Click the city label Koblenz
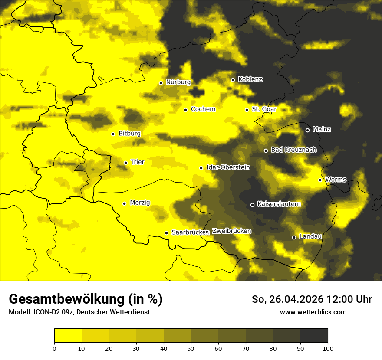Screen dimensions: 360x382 250,79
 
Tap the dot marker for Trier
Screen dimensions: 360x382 125,163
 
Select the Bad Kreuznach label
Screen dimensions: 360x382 293,150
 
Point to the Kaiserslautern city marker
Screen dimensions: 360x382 252,205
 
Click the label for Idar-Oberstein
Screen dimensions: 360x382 228,167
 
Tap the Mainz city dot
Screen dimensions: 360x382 307,130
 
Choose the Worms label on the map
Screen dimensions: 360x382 336,179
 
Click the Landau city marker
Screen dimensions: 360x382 294,237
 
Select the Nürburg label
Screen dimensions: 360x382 178,82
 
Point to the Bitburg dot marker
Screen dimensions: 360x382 113,134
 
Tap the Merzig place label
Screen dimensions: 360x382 140,203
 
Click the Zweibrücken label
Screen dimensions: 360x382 231,231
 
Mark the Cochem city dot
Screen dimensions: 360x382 185,110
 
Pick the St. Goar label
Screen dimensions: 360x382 264,109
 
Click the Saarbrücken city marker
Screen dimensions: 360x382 166,233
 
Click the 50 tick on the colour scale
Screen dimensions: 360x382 191,348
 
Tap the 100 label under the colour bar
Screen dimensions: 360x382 328,348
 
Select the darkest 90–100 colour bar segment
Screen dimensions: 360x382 314,335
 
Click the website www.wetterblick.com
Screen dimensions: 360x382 313,312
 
